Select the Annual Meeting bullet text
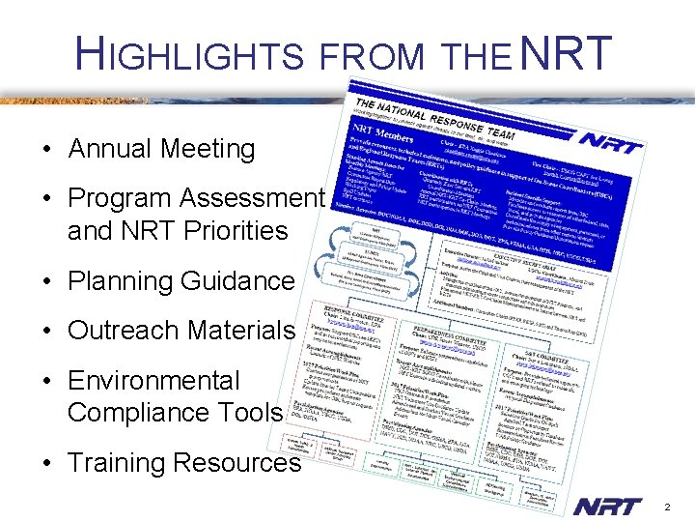161,149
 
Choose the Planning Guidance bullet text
181,281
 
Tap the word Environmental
153,381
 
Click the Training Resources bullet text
184,463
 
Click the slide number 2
665,507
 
